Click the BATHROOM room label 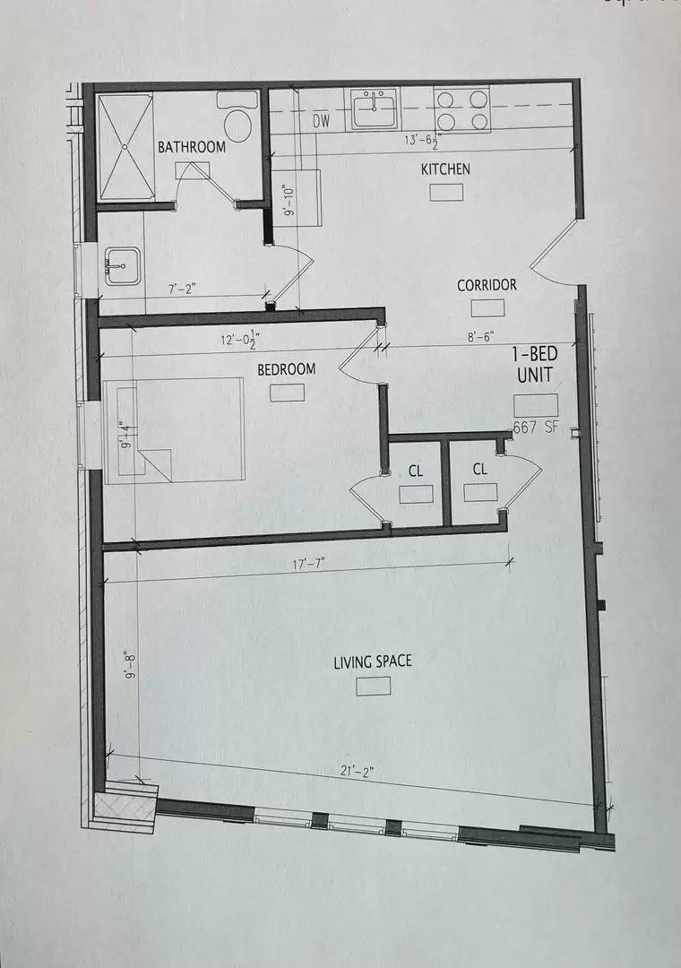click(192, 146)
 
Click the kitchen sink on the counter click(375, 108)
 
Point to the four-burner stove click(462, 108)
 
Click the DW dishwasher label click(322, 121)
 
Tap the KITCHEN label click(445, 169)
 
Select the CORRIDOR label click(487, 285)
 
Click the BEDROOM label click(287, 369)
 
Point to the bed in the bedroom click(175, 429)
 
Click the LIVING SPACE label click(373, 661)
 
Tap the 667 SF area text click(536, 427)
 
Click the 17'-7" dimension click(306, 564)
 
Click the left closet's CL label click(416, 469)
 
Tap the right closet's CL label click(480, 469)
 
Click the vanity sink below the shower click(123, 265)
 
